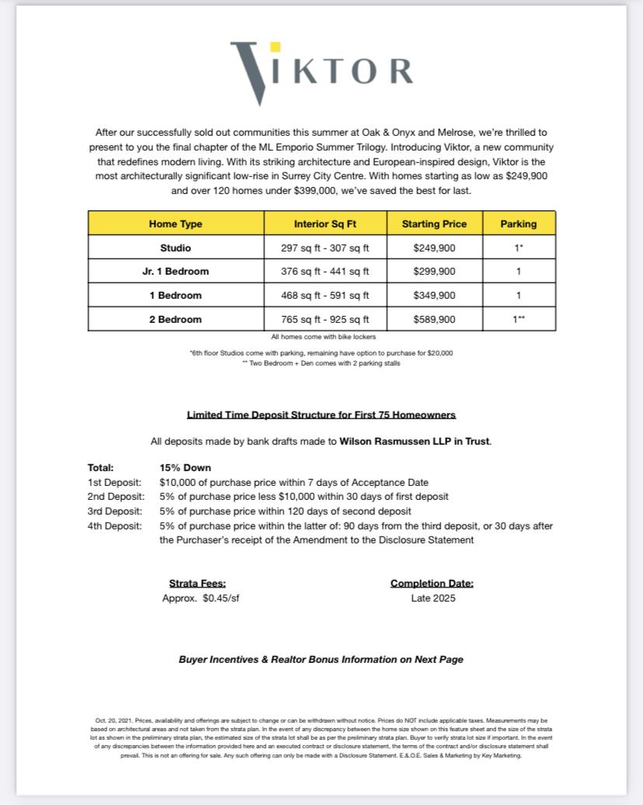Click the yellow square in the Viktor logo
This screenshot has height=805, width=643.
[x=275, y=47]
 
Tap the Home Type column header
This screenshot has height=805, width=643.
[x=176, y=224]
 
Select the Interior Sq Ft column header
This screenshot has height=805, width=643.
[x=325, y=224]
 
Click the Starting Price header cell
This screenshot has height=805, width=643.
[x=434, y=224]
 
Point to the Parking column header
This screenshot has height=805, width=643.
[x=518, y=224]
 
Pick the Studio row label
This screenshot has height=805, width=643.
[x=176, y=248]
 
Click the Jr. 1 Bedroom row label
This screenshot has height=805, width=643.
[x=176, y=272]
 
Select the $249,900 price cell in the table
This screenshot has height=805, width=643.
[x=434, y=248]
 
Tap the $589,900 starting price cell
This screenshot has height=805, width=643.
[x=434, y=319]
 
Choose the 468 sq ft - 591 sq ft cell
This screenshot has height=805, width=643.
[x=325, y=295]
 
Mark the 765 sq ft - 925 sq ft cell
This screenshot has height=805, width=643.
[x=325, y=319]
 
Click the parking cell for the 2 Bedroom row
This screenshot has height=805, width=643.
[x=518, y=319]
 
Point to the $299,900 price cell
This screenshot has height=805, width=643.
[x=434, y=272]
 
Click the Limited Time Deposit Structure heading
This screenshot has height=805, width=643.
[x=321, y=415]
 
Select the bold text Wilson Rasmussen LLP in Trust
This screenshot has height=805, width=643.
[x=415, y=442]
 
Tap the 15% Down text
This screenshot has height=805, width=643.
[x=185, y=467]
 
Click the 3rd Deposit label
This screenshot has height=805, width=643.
[x=114, y=512]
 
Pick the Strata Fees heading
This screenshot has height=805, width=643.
[x=197, y=584]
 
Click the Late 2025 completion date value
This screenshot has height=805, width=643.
[x=433, y=599]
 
